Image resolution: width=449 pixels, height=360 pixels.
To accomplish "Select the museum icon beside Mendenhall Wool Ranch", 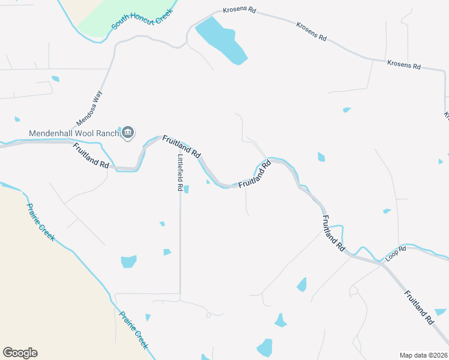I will click(127, 133).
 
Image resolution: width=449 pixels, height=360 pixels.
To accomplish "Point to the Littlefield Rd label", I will click(179, 172).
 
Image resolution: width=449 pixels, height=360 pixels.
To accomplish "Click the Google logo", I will click(20, 353).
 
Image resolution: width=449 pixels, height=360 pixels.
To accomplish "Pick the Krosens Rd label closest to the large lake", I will click(240, 11).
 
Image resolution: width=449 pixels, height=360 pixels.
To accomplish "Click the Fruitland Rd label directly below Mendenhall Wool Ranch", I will click(92, 155).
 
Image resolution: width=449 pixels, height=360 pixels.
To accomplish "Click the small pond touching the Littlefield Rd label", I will click(186, 190).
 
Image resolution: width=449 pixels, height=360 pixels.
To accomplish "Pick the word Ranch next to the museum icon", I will click(106, 133).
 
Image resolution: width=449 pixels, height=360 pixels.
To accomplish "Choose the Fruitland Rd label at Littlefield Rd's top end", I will click(181, 146).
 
